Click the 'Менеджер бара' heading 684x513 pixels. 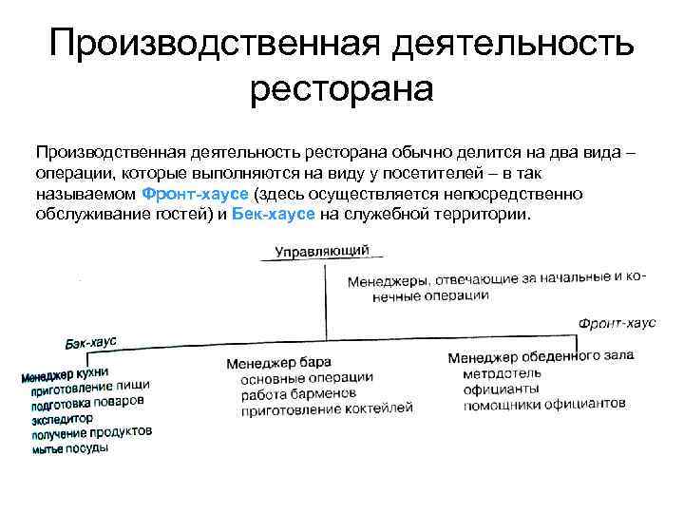pos(278,362)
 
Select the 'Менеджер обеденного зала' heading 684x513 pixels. pos(538,357)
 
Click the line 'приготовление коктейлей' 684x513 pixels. pos(329,408)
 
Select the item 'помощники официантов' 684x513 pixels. pos(544,404)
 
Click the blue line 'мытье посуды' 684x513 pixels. pos(69,448)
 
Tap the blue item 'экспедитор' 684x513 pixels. pos(62,418)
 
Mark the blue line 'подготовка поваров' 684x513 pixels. pos(87,402)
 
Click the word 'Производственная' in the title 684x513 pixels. pos(202,43)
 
